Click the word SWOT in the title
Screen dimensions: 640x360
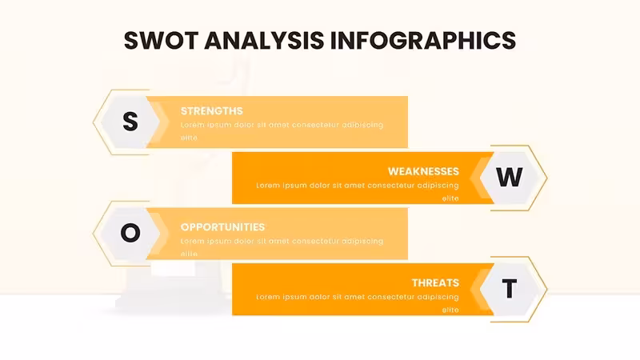pyautogui.click(x=162, y=41)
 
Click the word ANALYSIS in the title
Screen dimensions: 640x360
pyautogui.click(x=264, y=41)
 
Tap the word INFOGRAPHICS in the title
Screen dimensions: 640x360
pyautogui.click(x=423, y=41)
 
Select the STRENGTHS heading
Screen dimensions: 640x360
pyautogui.click(x=212, y=111)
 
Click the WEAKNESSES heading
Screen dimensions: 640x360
pyautogui.click(x=423, y=171)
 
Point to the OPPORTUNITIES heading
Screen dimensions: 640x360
pyautogui.click(x=223, y=227)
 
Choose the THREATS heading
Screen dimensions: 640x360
pyautogui.click(x=435, y=283)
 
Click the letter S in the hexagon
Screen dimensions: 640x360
pyautogui.click(x=130, y=122)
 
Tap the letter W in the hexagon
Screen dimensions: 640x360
pyautogui.click(x=510, y=177)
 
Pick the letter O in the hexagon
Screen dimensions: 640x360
pyautogui.click(x=130, y=233)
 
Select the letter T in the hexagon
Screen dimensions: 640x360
pyautogui.click(x=510, y=289)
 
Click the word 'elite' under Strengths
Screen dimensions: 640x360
pyautogui.click(x=189, y=138)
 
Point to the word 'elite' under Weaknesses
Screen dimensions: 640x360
pyautogui.click(x=450, y=198)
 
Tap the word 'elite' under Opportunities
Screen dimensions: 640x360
pyautogui.click(x=189, y=254)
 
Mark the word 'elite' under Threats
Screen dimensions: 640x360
pyautogui.click(x=450, y=310)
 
